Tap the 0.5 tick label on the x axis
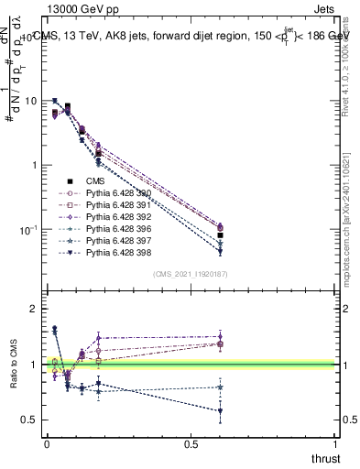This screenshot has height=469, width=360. pos(191,445)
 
